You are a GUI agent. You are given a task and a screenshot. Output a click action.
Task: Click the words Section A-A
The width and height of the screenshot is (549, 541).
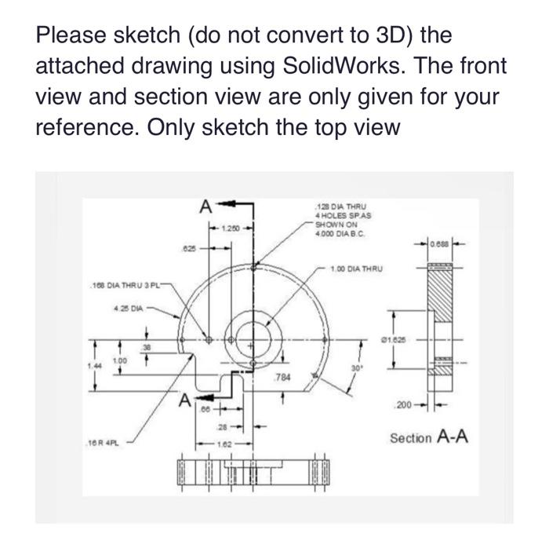point(428,437)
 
